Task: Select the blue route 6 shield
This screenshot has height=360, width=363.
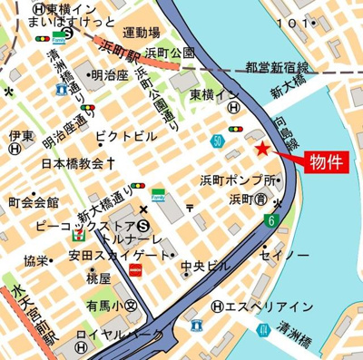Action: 271,219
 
